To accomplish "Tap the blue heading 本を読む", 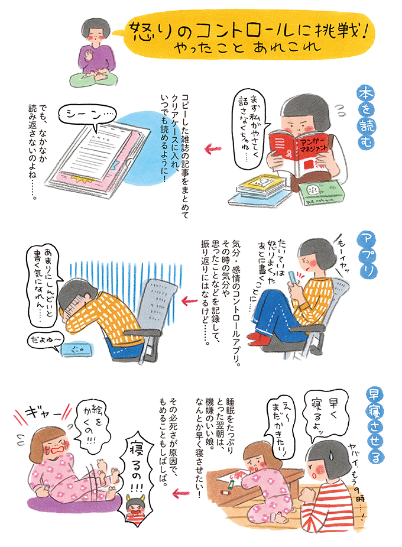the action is pyautogui.click(x=365, y=118).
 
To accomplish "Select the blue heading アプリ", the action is pyautogui.click(x=367, y=255).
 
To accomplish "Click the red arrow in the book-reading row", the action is pyautogui.click(x=213, y=149).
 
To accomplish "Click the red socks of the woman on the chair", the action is pyautogui.click(x=260, y=336).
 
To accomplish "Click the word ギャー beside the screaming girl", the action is pyautogui.click(x=42, y=415).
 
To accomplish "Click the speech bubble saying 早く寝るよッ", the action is pyautogui.click(x=326, y=416).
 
